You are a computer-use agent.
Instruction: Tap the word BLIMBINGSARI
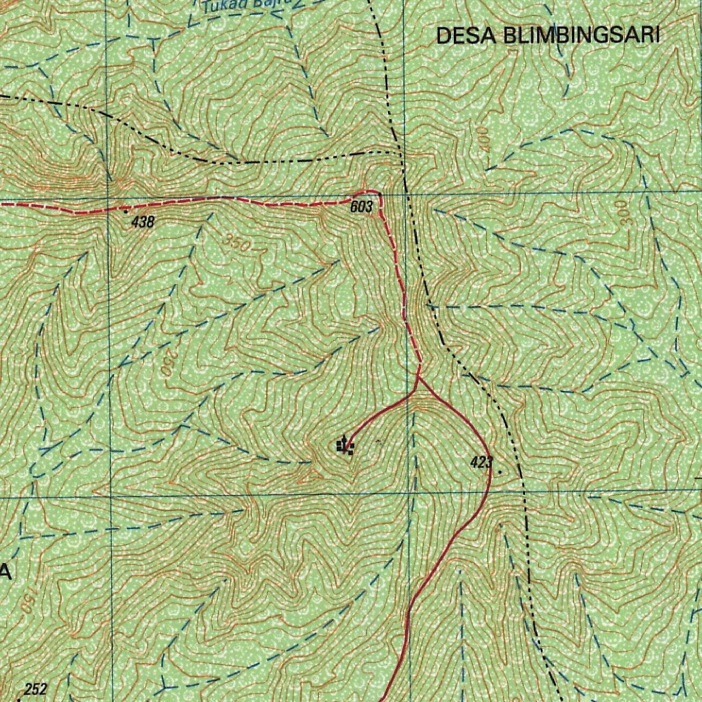tap(581, 36)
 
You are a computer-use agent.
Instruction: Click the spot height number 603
tap(361, 207)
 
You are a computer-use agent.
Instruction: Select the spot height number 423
tap(481, 463)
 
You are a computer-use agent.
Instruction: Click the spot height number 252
tap(36, 690)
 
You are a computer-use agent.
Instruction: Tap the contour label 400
tap(485, 139)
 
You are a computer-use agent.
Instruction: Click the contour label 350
tap(237, 241)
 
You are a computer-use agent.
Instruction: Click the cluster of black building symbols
tap(346, 448)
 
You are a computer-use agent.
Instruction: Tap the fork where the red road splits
tap(418, 379)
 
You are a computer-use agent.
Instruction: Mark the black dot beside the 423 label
tap(499, 472)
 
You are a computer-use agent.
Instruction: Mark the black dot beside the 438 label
tap(125, 213)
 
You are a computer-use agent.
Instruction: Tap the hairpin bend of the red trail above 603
tap(374, 193)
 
